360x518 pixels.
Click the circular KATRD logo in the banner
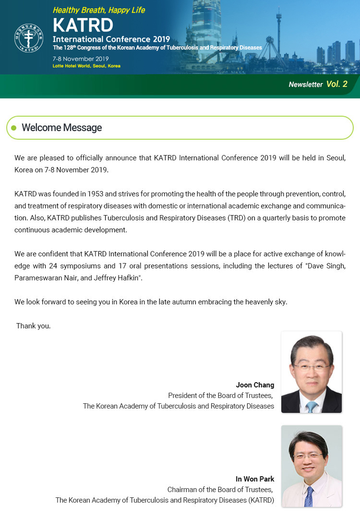click(29, 38)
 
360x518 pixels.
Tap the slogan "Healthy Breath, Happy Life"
click(98, 10)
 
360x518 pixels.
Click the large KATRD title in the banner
click(83, 25)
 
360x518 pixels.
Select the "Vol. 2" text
click(336, 84)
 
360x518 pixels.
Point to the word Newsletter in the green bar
click(305, 84)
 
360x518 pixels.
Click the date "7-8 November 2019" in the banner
click(81, 59)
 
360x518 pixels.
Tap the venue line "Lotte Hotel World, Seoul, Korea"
click(86, 66)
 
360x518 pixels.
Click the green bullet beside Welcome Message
click(14, 128)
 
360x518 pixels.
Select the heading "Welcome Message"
click(62, 128)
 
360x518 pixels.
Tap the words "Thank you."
click(34, 326)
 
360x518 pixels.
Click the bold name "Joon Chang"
click(255, 385)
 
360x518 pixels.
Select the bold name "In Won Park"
click(255, 479)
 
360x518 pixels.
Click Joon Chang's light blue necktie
click(312, 406)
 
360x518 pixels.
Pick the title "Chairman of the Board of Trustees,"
click(220, 490)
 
